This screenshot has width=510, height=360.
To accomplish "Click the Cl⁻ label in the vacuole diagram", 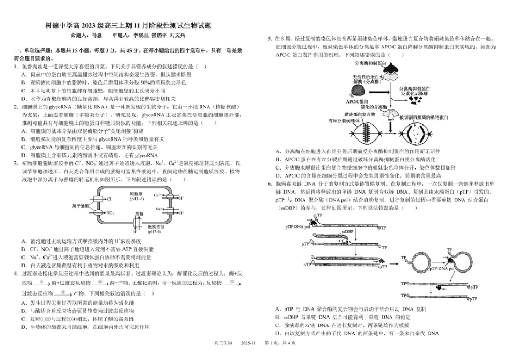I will tap(110, 199).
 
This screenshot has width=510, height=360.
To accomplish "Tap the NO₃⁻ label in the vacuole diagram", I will tap(111, 212).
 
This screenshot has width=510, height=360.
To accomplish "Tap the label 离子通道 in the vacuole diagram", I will tap(80, 205).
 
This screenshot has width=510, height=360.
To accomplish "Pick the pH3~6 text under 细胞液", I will tap(136, 198).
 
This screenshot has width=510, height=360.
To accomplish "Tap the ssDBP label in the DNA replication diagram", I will tap(349, 232).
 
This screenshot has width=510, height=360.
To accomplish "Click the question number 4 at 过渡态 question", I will tap(16, 273).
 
